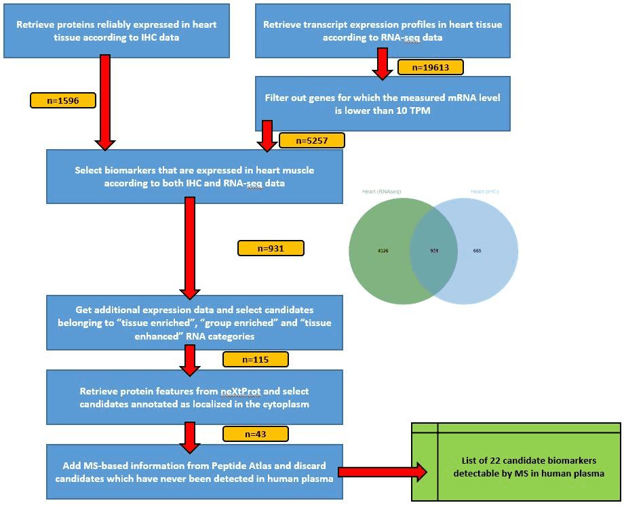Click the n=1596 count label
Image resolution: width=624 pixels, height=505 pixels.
click(x=63, y=100)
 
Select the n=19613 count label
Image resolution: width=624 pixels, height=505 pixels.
click(x=430, y=67)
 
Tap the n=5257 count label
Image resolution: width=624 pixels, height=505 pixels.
click(x=311, y=140)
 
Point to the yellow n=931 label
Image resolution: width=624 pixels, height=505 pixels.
click(x=271, y=248)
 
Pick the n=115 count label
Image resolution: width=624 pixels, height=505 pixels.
click(x=256, y=359)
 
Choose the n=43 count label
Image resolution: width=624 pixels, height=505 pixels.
click(x=256, y=433)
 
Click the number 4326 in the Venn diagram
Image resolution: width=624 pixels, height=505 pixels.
click(x=383, y=251)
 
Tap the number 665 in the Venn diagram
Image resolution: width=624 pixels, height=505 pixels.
click(x=477, y=251)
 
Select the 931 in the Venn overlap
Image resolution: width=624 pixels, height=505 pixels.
click(x=434, y=251)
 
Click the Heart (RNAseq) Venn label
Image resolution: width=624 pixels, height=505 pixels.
click(x=382, y=192)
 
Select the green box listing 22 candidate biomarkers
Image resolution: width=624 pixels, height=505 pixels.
click(x=516, y=462)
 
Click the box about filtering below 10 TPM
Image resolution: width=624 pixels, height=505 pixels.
click(x=383, y=103)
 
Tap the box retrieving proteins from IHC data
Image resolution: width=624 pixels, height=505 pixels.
click(x=116, y=31)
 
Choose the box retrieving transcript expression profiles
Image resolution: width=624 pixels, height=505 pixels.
click(x=383, y=31)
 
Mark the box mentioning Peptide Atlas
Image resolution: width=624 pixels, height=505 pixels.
click(x=194, y=472)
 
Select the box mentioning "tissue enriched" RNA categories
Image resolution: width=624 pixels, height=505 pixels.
click(x=194, y=323)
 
